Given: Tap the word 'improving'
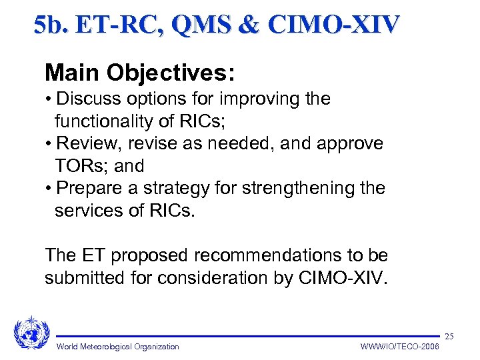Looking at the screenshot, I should pos(254,99).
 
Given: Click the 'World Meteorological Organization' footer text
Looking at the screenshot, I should pos(118,347).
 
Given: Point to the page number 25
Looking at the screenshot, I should pos(449,337).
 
